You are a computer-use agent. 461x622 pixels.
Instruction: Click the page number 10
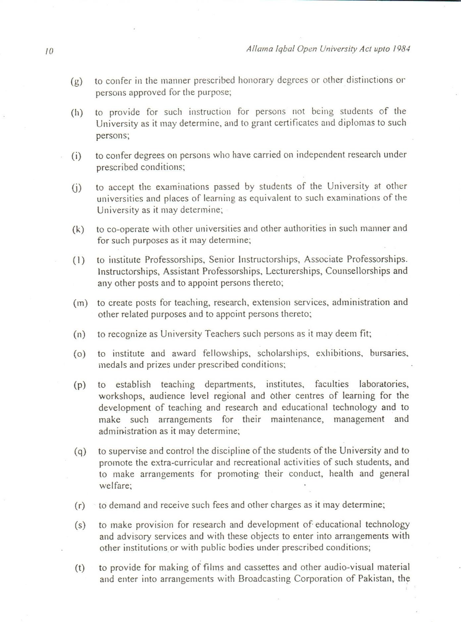pyautogui.click(x=49, y=51)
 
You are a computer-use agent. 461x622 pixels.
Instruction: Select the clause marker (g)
pyautogui.click(x=77, y=81)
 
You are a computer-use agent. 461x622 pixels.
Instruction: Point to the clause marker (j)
pyautogui.click(x=77, y=188)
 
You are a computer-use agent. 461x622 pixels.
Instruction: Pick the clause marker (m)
pyautogui.click(x=80, y=303)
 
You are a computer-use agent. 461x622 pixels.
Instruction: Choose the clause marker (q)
pyautogui.click(x=80, y=452)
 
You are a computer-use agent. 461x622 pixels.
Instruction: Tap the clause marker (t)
pyautogui.click(x=79, y=568)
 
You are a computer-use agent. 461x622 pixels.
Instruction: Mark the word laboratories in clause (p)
pyautogui.click(x=384, y=384)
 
